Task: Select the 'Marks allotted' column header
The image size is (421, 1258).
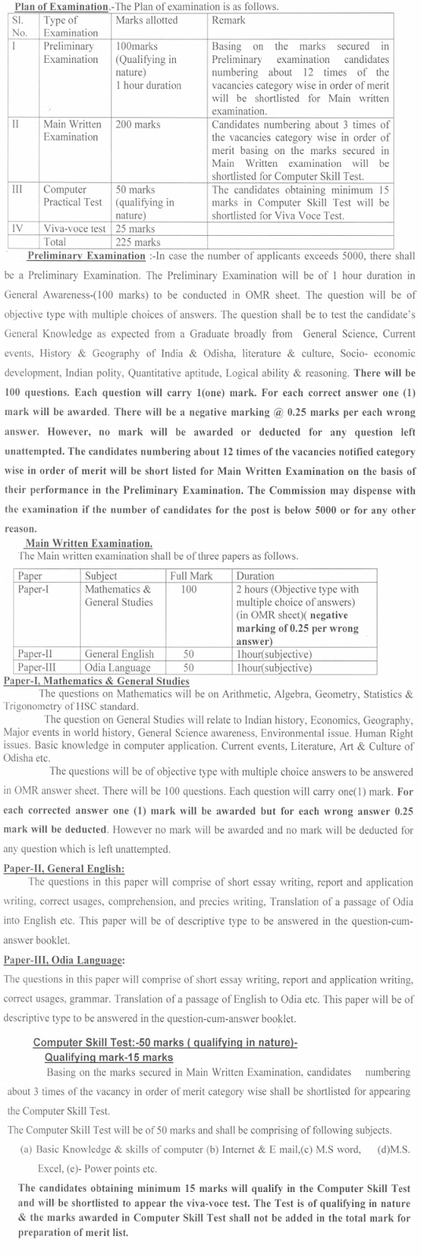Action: pyautogui.click(x=146, y=20)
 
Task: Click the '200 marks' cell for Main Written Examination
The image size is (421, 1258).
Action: pyautogui.click(x=140, y=124)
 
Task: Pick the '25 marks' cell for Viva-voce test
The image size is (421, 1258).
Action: pyautogui.click(x=135, y=229)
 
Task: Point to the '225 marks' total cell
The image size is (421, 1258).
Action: pyautogui.click(x=137, y=241)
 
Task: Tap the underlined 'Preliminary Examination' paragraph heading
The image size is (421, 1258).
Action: pyautogui.click(x=86, y=256)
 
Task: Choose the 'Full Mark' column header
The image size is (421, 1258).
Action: pyautogui.click(x=191, y=576)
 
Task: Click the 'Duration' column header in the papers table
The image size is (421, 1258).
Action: pyautogui.click(x=255, y=576)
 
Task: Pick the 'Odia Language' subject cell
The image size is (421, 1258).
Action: pyautogui.click(x=118, y=668)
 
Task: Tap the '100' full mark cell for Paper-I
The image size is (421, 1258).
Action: pyautogui.click(x=189, y=589)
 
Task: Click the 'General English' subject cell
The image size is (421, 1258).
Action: pyautogui.click(x=119, y=653)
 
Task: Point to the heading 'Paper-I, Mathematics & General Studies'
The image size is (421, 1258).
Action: pyautogui.click(x=96, y=681)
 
